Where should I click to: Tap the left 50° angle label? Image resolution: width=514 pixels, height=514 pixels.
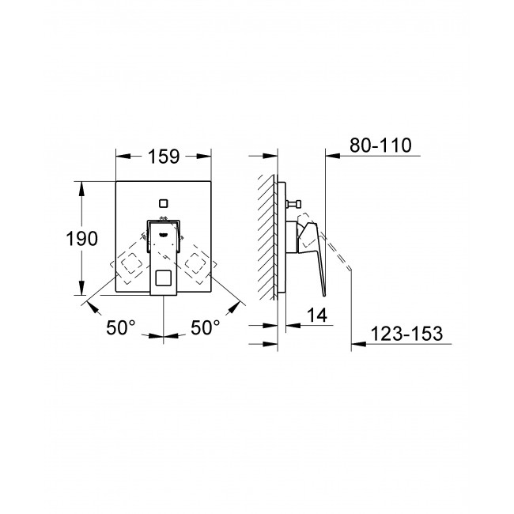click(121, 327)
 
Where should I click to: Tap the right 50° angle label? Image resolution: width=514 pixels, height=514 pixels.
click(205, 327)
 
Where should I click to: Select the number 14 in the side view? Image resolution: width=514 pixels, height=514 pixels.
click(316, 314)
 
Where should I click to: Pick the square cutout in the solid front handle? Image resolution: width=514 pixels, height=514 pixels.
click(163, 280)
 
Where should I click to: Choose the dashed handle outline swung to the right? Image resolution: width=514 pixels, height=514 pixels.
click(198, 266)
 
